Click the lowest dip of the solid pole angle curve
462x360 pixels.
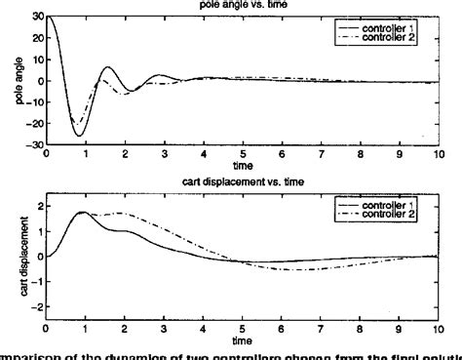79,136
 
